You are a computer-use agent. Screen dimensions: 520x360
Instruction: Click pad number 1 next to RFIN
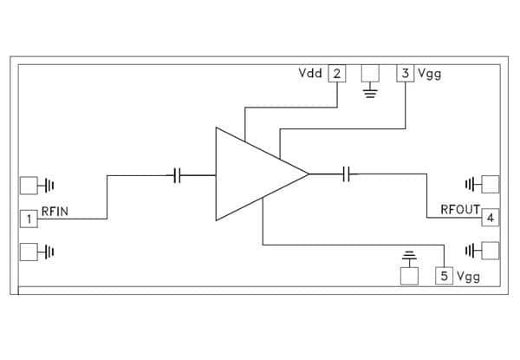tap(29, 219)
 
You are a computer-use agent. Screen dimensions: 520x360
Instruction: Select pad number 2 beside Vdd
tap(337, 74)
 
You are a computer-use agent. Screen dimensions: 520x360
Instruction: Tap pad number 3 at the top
tap(406, 73)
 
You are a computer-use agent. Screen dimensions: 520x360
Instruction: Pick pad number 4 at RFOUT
tap(491, 218)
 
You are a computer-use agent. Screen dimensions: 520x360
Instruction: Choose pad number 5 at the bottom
tap(444, 276)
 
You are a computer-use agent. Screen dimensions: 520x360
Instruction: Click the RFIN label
tap(55, 212)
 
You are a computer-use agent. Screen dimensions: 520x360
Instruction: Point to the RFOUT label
tap(460, 209)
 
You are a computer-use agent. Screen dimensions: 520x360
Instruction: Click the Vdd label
tap(310, 73)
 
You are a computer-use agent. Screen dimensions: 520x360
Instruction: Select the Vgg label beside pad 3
tap(430, 74)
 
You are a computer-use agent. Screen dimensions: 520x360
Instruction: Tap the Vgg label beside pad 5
tap(468, 277)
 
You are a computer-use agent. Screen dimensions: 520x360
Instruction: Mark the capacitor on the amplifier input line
tap(178, 175)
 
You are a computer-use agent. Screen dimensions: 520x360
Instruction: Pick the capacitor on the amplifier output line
tap(346, 173)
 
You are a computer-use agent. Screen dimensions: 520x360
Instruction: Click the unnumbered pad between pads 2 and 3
tap(370, 73)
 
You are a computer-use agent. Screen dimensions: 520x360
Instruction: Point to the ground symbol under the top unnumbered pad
tap(370, 93)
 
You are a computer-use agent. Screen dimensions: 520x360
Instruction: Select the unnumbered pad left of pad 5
tap(409, 276)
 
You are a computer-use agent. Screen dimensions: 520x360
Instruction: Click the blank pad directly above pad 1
tap(29, 186)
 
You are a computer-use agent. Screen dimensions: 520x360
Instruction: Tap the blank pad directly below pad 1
tap(29, 252)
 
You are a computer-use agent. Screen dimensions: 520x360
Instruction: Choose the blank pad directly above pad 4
tap(491, 184)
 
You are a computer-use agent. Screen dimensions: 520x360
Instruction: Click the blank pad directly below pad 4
tap(491, 251)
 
